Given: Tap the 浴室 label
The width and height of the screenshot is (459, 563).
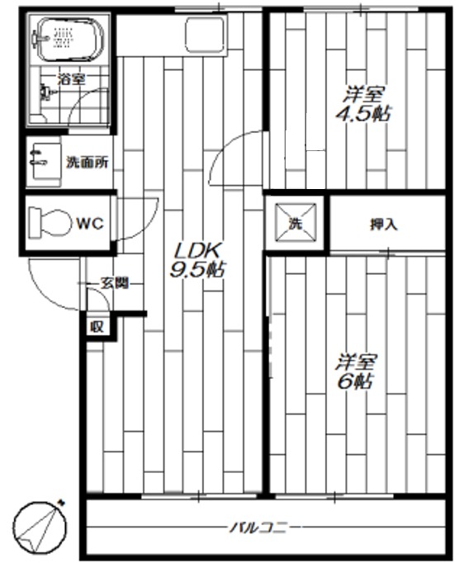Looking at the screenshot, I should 71,79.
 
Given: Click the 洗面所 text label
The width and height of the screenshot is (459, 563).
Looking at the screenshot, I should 88,163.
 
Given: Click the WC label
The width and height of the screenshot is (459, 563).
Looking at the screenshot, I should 89,223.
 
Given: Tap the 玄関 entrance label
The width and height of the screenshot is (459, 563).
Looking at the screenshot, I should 114,283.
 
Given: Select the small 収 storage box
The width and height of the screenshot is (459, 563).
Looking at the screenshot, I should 97,326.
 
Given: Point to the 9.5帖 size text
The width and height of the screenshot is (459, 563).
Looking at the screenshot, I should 195,269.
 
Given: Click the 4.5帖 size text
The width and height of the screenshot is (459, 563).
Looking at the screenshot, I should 362,115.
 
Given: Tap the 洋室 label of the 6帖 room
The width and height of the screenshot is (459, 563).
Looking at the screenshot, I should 357,362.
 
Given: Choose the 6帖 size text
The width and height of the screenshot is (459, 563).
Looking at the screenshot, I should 357,382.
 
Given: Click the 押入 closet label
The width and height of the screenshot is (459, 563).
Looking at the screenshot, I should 383,224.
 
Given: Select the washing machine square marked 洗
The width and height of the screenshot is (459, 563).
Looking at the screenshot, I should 296,222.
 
